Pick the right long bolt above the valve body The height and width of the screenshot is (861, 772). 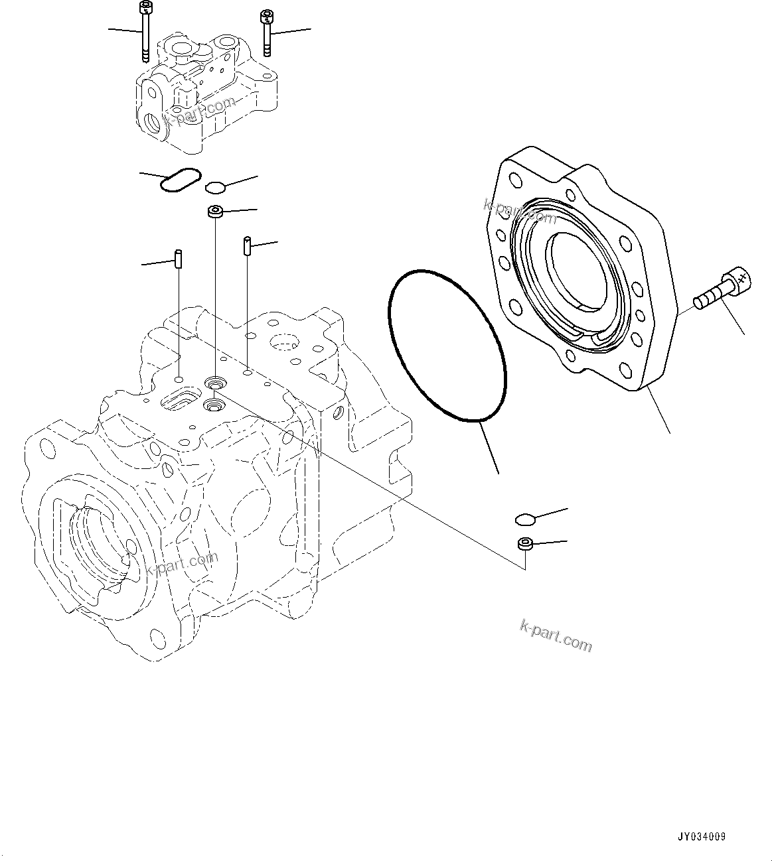266,33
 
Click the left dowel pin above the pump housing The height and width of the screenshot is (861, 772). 179,258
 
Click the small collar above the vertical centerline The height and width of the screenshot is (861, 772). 214,212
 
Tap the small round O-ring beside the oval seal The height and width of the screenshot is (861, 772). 215,187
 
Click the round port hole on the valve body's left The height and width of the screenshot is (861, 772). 152,123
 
